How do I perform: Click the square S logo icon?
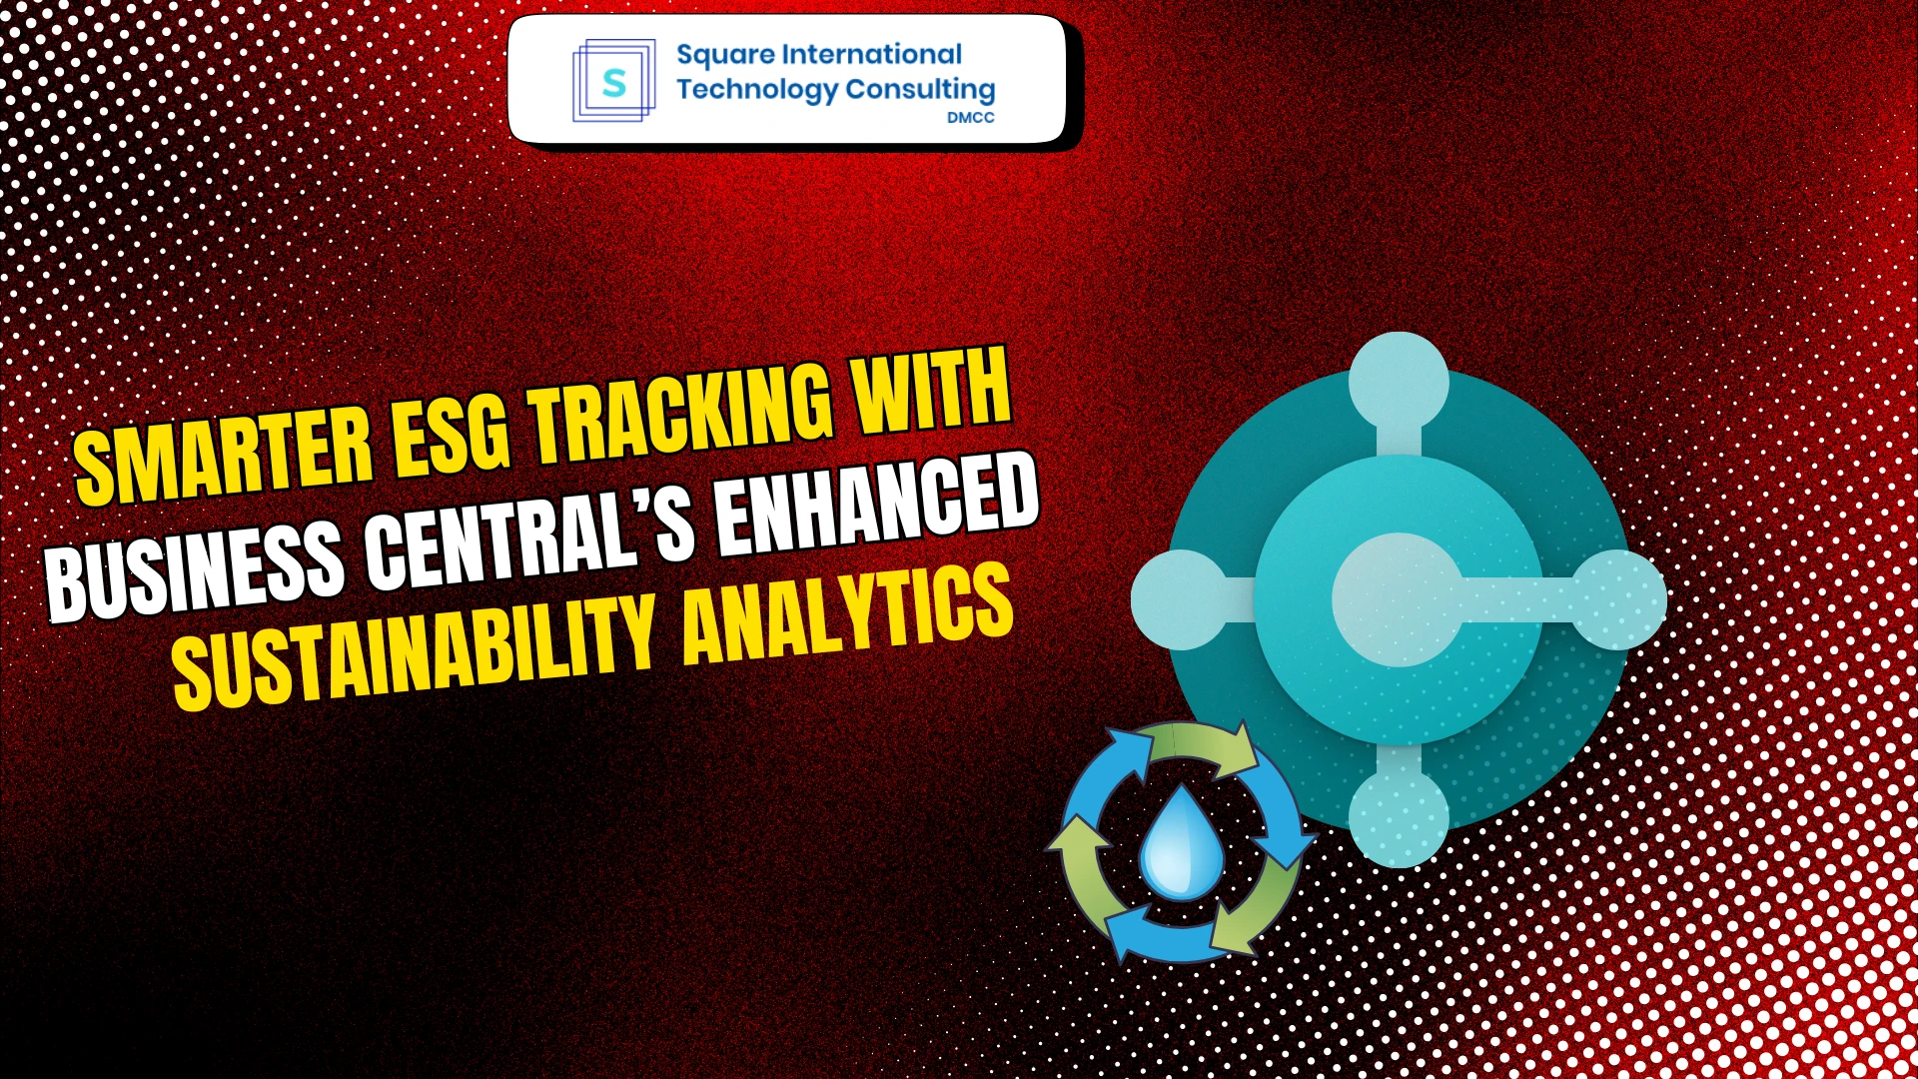click(x=613, y=81)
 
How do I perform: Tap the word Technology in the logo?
click(x=756, y=90)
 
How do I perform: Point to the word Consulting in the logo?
click(x=920, y=90)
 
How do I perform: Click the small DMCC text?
click(x=970, y=118)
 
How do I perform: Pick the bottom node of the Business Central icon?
click(x=1399, y=816)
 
